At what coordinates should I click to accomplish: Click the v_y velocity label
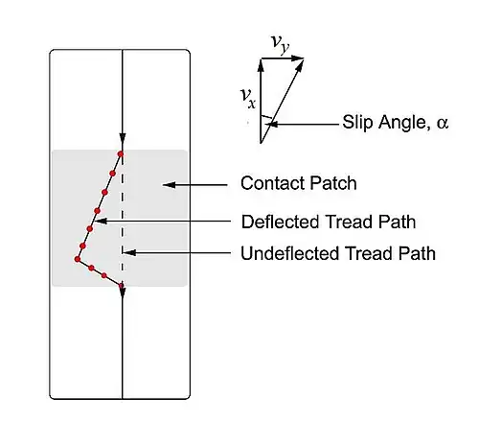tap(281, 44)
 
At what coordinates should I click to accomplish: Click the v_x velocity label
tap(248, 98)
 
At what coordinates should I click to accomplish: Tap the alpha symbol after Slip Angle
tap(443, 123)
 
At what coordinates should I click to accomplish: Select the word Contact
tap(272, 183)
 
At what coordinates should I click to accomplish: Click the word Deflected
tap(281, 222)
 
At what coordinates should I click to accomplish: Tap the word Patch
tap(333, 183)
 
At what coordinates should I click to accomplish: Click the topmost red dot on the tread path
tap(121, 154)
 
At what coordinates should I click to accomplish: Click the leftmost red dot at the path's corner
tap(78, 259)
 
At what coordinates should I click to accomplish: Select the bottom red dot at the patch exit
tap(121, 286)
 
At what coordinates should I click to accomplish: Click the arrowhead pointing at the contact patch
tap(170, 185)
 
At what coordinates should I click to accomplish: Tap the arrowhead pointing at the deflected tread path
tap(102, 221)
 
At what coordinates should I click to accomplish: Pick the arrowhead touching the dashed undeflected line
tap(129, 252)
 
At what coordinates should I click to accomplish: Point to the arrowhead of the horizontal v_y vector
tap(298, 59)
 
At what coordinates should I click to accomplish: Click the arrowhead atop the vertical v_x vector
tap(261, 65)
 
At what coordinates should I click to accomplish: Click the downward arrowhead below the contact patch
tap(123, 293)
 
